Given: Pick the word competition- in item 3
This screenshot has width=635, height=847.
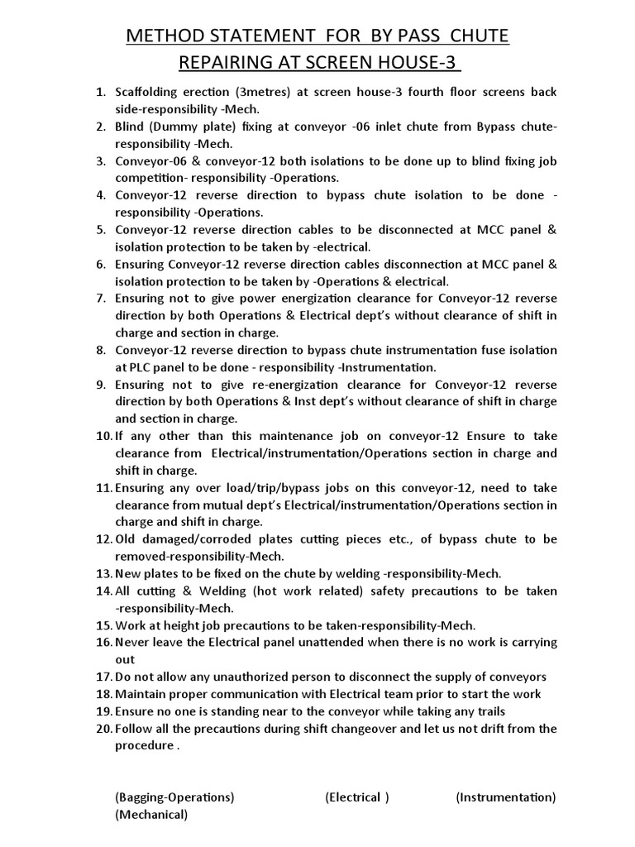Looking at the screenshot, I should pyautogui.click(x=150, y=178).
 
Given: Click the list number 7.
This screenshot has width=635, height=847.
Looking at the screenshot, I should pyautogui.click(x=103, y=299).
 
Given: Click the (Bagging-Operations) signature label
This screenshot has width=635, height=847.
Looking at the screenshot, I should pyautogui.click(x=174, y=797).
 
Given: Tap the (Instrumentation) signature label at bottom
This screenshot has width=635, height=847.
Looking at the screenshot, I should pyautogui.click(x=505, y=797).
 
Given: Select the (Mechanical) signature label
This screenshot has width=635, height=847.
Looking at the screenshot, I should pyautogui.click(x=151, y=815).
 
